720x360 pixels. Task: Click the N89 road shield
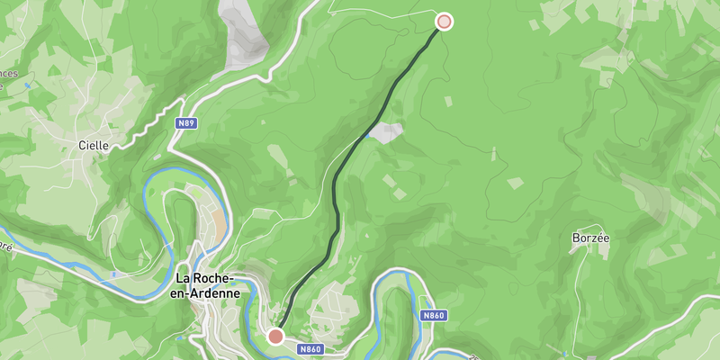tap(186, 122)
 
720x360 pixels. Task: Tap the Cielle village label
tap(94, 145)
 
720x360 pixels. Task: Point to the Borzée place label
tap(590, 238)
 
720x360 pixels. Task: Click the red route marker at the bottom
tap(276, 336)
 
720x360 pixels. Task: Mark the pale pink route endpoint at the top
tap(444, 22)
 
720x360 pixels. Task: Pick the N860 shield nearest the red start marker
tap(310, 349)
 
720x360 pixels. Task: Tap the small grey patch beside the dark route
tap(386, 132)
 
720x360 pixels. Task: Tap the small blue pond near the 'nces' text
tap(28, 85)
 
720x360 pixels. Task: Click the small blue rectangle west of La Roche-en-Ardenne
tap(114, 273)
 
